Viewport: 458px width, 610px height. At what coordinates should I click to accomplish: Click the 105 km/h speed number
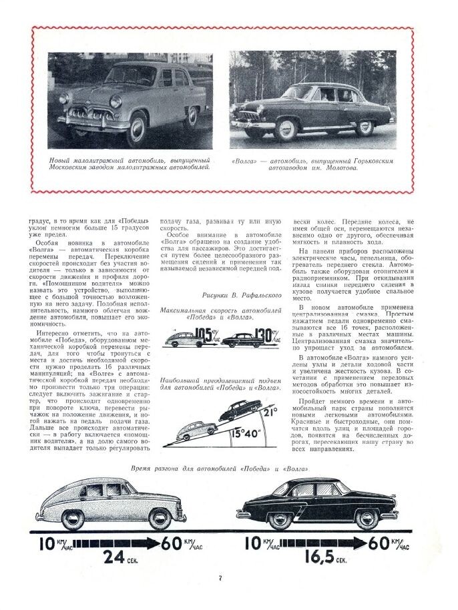click(x=202, y=334)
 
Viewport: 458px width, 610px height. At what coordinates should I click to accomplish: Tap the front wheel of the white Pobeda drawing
click(x=63, y=517)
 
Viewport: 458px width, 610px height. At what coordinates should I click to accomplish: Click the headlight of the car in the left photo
click(x=116, y=102)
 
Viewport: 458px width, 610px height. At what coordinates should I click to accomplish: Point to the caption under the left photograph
click(x=130, y=164)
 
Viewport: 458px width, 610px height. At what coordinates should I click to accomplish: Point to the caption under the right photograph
click(x=312, y=164)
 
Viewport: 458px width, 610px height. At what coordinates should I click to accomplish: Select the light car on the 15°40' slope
click(x=195, y=431)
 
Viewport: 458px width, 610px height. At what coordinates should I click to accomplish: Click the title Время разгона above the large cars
click(x=219, y=469)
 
